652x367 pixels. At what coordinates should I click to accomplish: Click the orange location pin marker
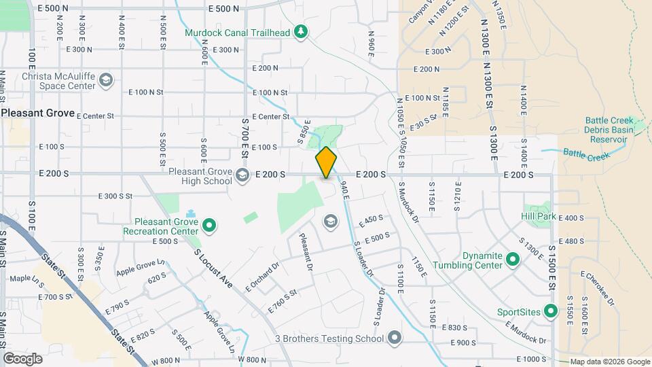[x=326, y=162]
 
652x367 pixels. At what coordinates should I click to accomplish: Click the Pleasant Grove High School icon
[x=242, y=176]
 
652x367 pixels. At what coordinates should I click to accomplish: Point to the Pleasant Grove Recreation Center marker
[x=209, y=225]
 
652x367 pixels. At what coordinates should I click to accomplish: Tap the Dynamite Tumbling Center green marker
[x=513, y=260]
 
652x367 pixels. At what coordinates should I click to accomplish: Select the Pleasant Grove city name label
[x=37, y=113]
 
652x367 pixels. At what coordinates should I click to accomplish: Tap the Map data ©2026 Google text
[x=610, y=362]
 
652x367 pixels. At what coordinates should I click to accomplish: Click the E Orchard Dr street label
[x=262, y=278]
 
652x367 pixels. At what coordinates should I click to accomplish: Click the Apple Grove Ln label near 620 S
[x=141, y=268]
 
